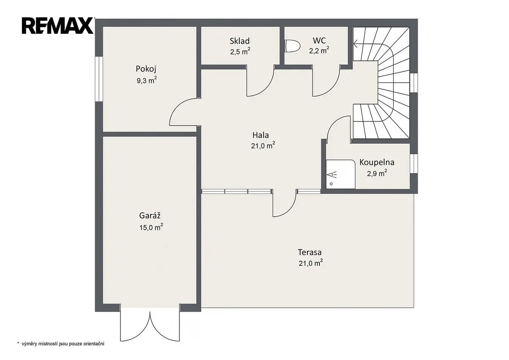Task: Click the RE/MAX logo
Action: [58, 26]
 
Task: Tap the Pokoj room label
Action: [146, 69]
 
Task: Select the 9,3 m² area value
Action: [147, 80]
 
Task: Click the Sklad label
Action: [240, 41]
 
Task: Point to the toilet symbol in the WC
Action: [292, 46]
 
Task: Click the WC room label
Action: [319, 40]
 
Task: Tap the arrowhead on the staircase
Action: [355, 43]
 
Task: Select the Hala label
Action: [260, 135]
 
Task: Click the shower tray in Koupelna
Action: [340, 174]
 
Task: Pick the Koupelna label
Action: [377, 162]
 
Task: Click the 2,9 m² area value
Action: [377, 173]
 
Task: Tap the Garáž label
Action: [150, 215]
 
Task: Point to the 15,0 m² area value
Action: [151, 227]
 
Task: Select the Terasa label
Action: [310, 252]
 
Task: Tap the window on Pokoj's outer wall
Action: [99, 79]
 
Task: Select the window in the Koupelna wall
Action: [414, 163]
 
